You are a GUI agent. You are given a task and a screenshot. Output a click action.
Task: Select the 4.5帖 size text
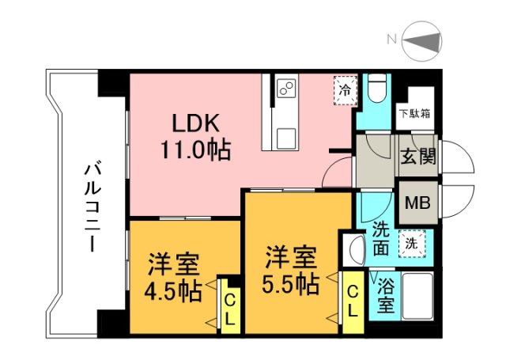(172, 291)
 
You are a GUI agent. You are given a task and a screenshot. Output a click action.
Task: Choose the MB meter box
(417, 203)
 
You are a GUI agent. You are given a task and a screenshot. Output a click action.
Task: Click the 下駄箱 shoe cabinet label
(414, 113)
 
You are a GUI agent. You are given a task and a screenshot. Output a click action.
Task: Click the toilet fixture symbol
(377, 89)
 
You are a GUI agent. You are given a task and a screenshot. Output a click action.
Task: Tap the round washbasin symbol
(353, 250)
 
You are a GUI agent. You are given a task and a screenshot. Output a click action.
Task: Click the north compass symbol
(428, 40)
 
